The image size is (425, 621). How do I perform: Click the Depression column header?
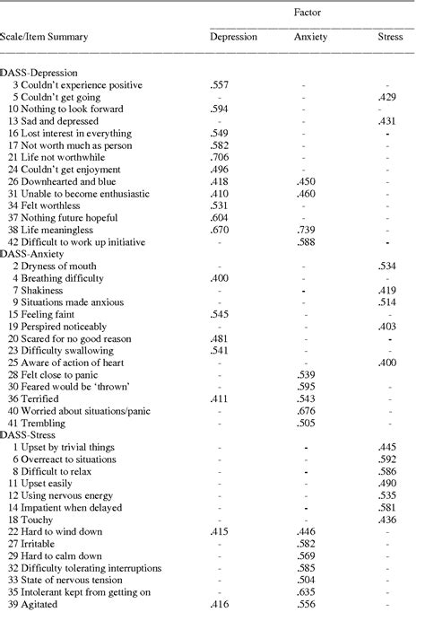click(x=233, y=37)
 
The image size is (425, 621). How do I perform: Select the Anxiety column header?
click(x=311, y=37)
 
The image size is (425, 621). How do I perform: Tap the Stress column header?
click(x=390, y=37)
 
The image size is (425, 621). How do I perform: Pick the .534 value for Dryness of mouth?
click(x=387, y=267)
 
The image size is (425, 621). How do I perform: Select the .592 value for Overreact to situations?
click(x=387, y=459)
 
